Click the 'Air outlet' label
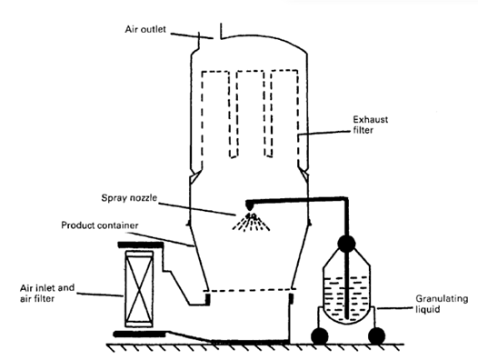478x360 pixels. tap(145, 29)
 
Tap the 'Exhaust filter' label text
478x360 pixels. tap(371, 125)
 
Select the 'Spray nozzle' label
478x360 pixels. tap(129, 197)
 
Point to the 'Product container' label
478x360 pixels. tap(100, 225)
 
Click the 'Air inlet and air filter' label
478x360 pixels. tap(47, 293)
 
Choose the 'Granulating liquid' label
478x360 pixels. tap(442, 304)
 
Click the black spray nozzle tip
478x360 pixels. tap(249, 206)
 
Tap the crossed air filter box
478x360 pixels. tap(139, 288)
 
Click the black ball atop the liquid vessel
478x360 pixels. tap(346, 244)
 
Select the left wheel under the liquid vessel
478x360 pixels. tap(320, 336)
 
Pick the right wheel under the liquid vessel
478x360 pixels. tap(376, 335)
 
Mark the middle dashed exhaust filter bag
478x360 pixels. tap(251, 114)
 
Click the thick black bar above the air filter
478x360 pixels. tap(141, 245)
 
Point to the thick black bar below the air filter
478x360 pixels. tap(139, 334)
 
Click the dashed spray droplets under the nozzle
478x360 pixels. tap(251, 222)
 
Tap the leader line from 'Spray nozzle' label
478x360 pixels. tap(197, 209)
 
